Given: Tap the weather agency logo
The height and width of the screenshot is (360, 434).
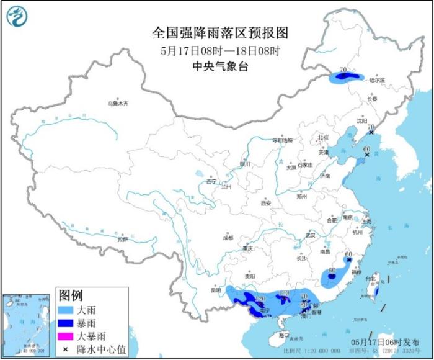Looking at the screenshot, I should click(x=18, y=17).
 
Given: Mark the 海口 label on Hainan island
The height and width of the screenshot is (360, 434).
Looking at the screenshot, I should click(x=284, y=335).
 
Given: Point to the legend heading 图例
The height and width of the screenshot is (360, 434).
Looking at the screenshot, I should click(x=70, y=294).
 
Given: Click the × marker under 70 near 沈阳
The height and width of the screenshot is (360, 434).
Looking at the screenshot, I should click(x=371, y=133).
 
